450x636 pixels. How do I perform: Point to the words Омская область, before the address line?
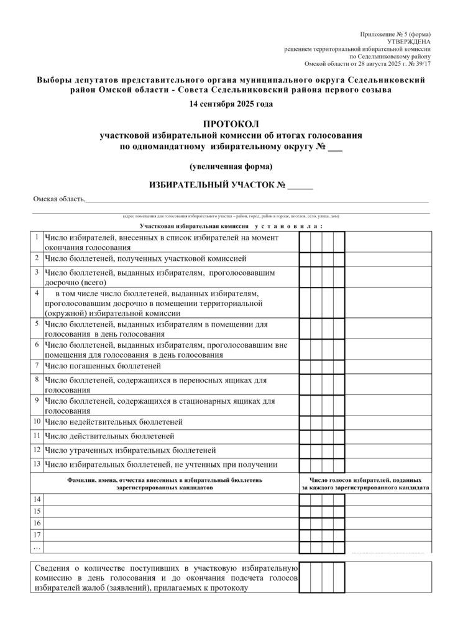[59, 199]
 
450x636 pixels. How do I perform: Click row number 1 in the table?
[37, 237]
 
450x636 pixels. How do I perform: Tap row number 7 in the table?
[37, 365]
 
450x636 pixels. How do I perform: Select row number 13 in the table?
[37, 463]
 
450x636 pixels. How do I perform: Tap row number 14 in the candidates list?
[37, 499]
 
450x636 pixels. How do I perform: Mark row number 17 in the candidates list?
[37, 535]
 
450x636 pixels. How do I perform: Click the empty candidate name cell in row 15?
[171, 511]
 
